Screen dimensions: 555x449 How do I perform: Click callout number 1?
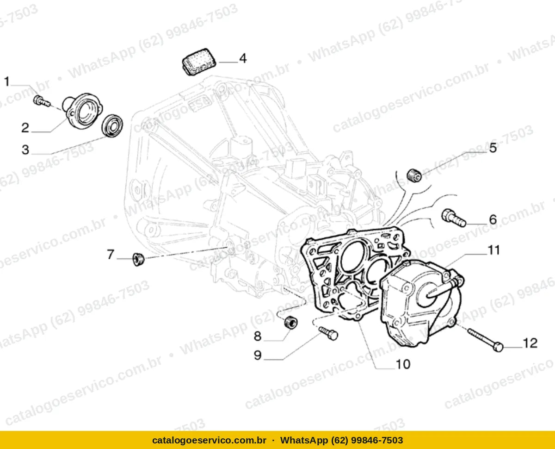click(x=7, y=81)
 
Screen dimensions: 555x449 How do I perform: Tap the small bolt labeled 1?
click(x=42, y=101)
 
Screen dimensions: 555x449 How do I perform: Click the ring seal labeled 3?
click(x=112, y=126)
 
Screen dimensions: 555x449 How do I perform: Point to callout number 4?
click(x=243, y=58)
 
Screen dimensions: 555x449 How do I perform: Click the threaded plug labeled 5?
click(x=414, y=175)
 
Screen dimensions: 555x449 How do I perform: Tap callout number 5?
click(x=493, y=148)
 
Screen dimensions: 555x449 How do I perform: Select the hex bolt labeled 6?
click(x=454, y=218)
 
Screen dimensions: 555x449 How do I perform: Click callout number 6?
click(x=493, y=219)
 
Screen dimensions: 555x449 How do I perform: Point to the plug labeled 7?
click(x=138, y=259)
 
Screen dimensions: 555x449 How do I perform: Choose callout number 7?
click(x=111, y=254)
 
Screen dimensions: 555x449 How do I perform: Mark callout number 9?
click(x=258, y=355)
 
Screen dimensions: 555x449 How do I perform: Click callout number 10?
click(x=403, y=364)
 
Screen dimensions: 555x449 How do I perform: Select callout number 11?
click(x=493, y=250)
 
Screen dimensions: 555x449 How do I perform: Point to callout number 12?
click(x=530, y=343)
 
